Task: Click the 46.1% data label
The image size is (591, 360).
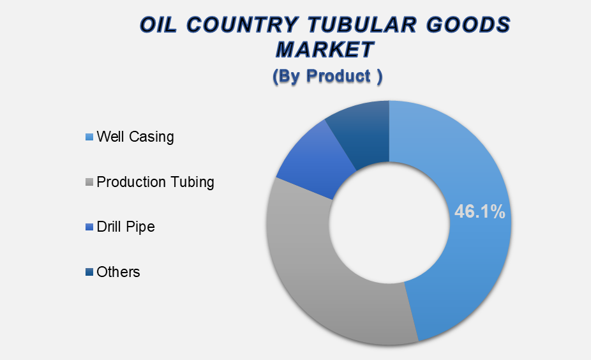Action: [x=479, y=211]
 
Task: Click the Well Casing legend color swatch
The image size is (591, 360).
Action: [x=89, y=137]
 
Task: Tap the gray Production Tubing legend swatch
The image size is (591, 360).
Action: [x=89, y=182]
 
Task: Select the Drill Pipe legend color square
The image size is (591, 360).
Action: [x=89, y=227]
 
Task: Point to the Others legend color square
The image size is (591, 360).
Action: [x=89, y=272]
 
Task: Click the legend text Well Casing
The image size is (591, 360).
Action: [x=135, y=137]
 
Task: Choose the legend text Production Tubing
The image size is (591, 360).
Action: [x=155, y=182]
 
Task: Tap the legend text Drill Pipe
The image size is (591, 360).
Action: [x=126, y=227]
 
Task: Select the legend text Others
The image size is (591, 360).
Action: [x=118, y=272]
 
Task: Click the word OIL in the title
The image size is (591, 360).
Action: [x=159, y=25]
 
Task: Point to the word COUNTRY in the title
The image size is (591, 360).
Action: [x=242, y=25]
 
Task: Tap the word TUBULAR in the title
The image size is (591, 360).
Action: [x=362, y=25]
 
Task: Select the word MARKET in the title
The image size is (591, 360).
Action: [x=325, y=49]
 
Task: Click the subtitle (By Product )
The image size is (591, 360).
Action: [x=327, y=76]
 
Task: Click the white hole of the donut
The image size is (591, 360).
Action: [x=389, y=223]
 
